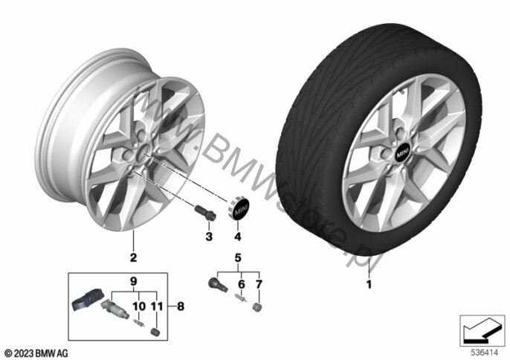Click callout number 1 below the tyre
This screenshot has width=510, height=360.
point(369,284)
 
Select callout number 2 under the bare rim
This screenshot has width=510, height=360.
point(133,258)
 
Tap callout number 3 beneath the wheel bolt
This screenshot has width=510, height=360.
point(209,237)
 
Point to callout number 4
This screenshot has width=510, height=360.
point(238,237)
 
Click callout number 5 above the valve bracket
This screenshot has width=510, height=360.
point(238,258)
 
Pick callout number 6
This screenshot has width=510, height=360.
point(242,284)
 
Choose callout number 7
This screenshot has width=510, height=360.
point(259,284)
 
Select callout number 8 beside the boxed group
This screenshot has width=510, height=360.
point(181,306)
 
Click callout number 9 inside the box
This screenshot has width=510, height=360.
point(134,281)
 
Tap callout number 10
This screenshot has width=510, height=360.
point(139,306)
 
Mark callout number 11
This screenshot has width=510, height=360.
point(156,306)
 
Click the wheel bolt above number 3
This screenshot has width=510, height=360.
point(205,213)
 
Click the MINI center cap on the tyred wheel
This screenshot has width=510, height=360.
point(403,152)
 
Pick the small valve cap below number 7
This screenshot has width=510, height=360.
point(257,308)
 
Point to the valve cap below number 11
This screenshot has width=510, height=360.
point(156,332)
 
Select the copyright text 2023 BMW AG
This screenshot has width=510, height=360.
point(36,353)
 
